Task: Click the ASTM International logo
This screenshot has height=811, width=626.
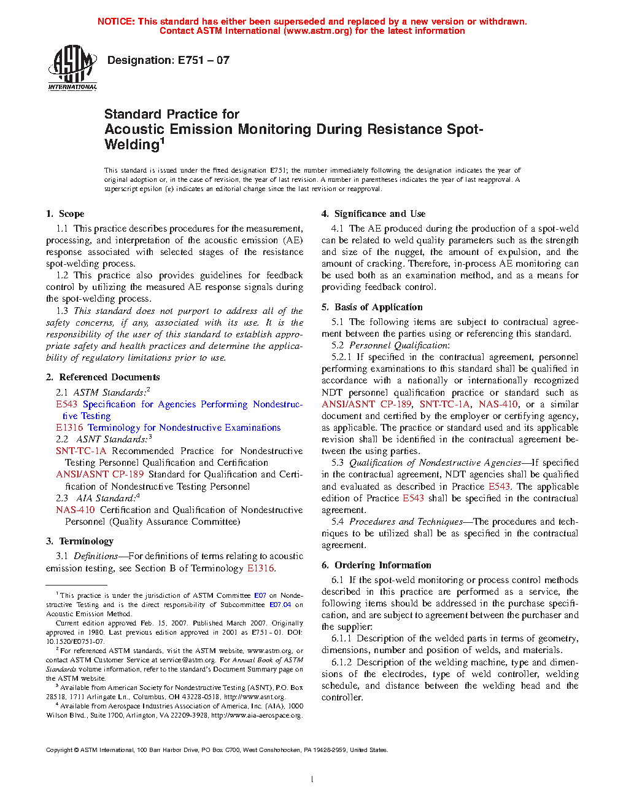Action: (x=72, y=68)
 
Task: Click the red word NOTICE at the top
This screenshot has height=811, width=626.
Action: (x=116, y=22)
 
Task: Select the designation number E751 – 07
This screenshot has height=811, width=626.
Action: (x=204, y=60)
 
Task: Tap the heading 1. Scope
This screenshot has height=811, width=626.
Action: (x=65, y=214)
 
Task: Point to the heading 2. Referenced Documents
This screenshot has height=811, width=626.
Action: (x=103, y=377)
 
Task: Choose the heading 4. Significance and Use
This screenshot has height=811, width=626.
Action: (x=373, y=214)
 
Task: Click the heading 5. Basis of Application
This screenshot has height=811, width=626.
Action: (x=372, y=307)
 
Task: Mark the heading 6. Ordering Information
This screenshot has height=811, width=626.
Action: (x=376, y=565)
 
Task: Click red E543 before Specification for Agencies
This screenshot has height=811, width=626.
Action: (x=66, y=404)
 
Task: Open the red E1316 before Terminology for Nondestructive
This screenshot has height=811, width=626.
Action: (x=69, y=428)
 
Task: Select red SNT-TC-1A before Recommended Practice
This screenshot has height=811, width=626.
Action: (x=81, y=451)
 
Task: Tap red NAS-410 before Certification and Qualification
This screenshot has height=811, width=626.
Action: (x=75, y=510)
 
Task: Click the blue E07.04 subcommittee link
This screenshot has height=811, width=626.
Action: (x=280, y=605)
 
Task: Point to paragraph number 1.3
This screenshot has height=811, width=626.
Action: (x=62, y=311)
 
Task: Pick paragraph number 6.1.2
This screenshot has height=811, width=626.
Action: (x=341, y=662)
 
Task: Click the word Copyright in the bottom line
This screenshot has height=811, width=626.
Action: (x=60, y=750)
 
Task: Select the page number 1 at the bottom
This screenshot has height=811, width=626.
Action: (x=312, y=780)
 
